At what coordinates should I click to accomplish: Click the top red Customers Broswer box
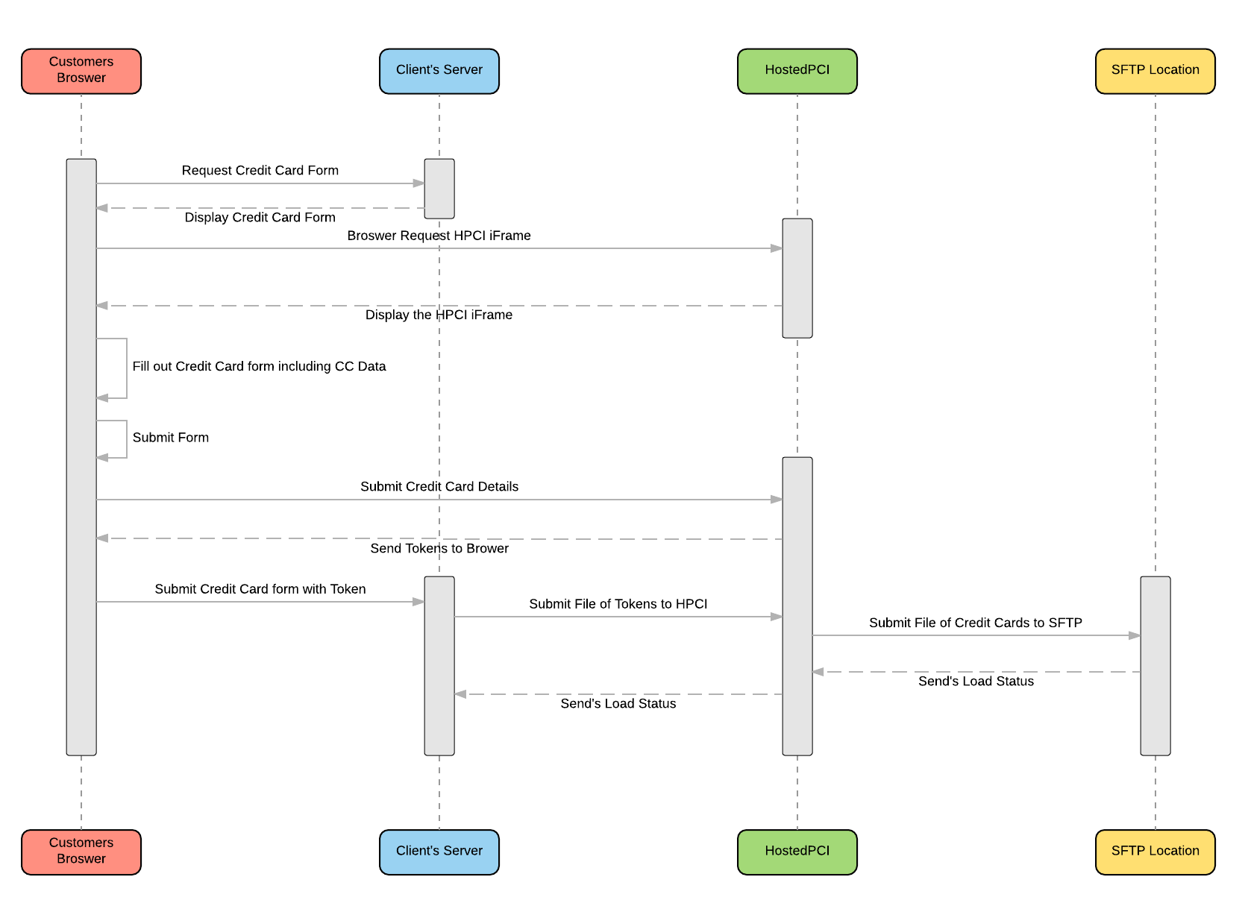tap(81, 71)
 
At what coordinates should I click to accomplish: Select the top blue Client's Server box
tap(439, 71)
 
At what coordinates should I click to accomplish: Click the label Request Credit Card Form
tap(260, 170)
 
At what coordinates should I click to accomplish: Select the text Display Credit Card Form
tap(260, 217)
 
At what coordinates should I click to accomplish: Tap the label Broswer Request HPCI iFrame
tap(439, 236)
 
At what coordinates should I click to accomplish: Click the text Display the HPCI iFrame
tap(439, 315)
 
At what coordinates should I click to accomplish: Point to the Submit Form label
tap(171, 437)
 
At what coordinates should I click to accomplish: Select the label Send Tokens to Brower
tap(439, 548)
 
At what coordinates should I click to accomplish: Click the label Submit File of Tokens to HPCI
tap(618, 604)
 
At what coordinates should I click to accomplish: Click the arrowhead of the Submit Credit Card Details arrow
tap(777, 500)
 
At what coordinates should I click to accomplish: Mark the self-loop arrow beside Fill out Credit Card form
tap(127, 368)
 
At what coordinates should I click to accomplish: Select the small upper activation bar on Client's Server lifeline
tap(439, 189)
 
